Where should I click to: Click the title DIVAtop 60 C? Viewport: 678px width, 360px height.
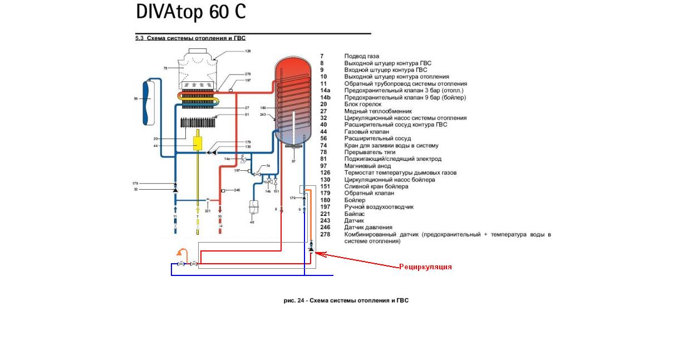[x=190, y=12]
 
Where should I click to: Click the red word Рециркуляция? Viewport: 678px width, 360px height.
[x=425, y=267]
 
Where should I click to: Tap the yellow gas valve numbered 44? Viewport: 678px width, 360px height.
[x=198, y=143]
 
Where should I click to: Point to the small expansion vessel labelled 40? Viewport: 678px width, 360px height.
[x=254, y=206]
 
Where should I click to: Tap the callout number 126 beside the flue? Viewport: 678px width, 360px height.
[x=248, y=51]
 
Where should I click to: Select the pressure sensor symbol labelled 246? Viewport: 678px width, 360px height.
[x=223, y=191]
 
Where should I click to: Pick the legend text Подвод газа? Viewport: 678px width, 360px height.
[x=362, y=56]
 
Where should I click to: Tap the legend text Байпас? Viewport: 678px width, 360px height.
[x=355, y=214]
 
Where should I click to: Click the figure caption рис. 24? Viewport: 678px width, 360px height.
[x=346, y=300]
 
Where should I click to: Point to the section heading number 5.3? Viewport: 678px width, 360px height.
[x=140, y=38]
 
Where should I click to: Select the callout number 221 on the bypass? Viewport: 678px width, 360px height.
[x=208, y=211]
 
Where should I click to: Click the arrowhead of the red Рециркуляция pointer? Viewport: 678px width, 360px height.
[x=318, y=254]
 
